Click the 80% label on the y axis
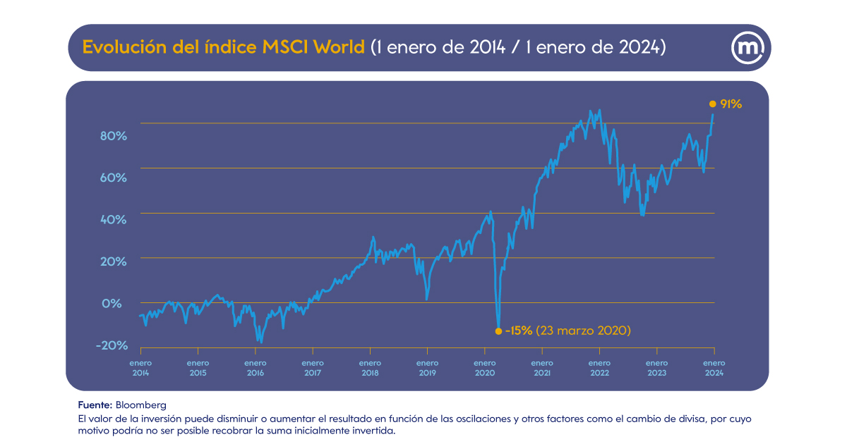[112, 136]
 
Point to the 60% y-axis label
[112, 178]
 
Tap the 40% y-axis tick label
[112, 220]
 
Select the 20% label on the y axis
[112, 261]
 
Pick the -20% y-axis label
[111, 345]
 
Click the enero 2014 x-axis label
[140, 368]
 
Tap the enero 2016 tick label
[256, 368]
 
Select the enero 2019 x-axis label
[427, 368]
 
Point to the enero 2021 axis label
[542, 368]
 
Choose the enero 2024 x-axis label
[714, 368]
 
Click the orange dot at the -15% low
[498, 331]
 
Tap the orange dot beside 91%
[712, 104]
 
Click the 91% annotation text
[731, 104]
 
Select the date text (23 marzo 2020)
[583, 331]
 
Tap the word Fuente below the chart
[95, 405]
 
